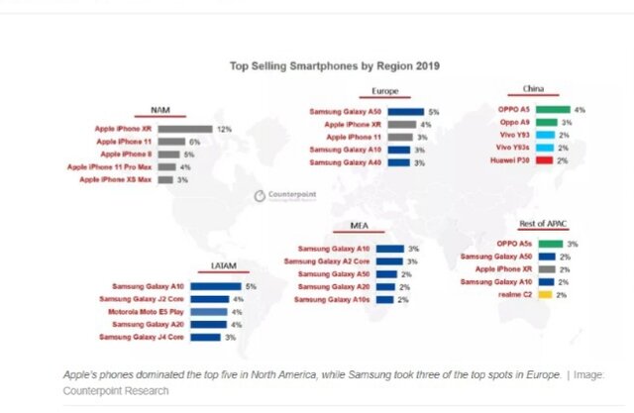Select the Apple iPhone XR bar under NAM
pos(184,129)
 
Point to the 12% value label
pos(224,129)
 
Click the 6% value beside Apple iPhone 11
pos(195,142)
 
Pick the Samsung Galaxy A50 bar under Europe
pos(406,112)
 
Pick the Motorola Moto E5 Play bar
pos(210,312)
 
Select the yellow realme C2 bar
pos(546,294)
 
